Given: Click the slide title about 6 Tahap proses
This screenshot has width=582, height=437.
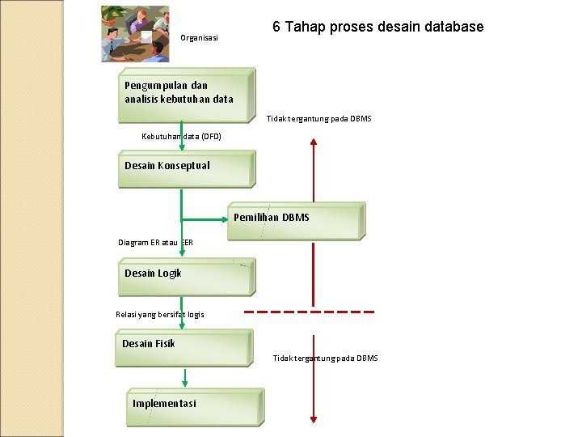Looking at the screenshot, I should coord(377,27).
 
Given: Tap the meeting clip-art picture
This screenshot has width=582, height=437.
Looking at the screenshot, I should coord(135,34).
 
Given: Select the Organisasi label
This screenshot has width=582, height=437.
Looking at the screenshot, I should coord(199,38).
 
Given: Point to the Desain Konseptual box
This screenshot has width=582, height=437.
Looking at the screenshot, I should coord(186,168).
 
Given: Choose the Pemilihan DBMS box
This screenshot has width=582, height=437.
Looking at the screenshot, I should coord(295,219).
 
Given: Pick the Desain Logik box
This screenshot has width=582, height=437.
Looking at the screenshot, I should coord(186,276).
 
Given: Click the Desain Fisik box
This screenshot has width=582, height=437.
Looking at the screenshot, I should coord(184,346).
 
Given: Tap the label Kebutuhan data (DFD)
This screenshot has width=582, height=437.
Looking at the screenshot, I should coord(181,136).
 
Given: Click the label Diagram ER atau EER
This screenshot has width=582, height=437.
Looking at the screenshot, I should coord(155,242).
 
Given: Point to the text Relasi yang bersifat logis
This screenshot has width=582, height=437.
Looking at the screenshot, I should coord(160,314).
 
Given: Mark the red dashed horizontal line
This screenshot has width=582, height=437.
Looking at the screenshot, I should coord(310,312).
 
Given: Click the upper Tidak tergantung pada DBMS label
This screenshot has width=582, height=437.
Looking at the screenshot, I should coord(319,119).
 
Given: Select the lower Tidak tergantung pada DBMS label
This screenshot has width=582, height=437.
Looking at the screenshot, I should coord(325,358).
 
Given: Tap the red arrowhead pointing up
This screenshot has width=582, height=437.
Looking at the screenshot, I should coord(314,142).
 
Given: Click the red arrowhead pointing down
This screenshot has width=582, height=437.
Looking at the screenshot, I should coord(314,418).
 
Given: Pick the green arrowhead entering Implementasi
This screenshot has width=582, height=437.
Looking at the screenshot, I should coord(185,383).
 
